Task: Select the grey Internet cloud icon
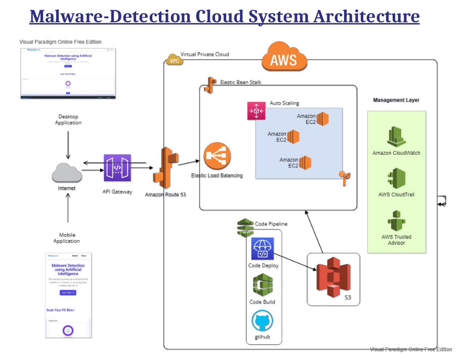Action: (x=67, y=173)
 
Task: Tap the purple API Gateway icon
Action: (x=117, y=168)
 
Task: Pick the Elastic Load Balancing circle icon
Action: (x=217, y=156)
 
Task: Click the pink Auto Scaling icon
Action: (x=257, y=111)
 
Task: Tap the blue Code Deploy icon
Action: (x=263, y=249)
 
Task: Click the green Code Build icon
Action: (x=263, y=285)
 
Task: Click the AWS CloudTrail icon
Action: (x=397, y=178)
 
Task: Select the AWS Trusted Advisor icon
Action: (x=397, y=220)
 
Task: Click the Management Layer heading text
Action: (x=396, y=100)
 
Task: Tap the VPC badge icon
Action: (x=174, y=61)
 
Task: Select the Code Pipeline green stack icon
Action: (x=245, y=227)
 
